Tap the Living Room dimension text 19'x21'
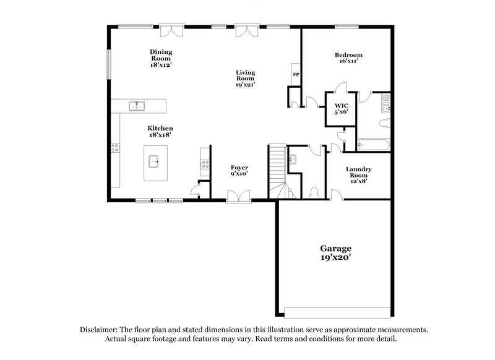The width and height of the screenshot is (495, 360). tap(246, 85)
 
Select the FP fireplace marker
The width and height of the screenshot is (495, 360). tap(296, 75)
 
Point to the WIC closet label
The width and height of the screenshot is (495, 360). tap(341, 106)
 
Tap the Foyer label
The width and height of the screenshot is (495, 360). tap(239, 168)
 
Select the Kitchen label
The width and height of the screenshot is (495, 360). tap(160, 129)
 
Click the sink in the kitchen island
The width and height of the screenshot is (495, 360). tap(156, 163)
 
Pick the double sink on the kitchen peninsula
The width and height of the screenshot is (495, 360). tap(136, 106)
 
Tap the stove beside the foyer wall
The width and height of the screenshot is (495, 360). tap(204, 165)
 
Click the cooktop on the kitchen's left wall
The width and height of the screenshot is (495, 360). tap(115, 147)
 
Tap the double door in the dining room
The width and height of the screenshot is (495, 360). tap(170, 30)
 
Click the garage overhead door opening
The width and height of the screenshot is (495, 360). tap(337, 311)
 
